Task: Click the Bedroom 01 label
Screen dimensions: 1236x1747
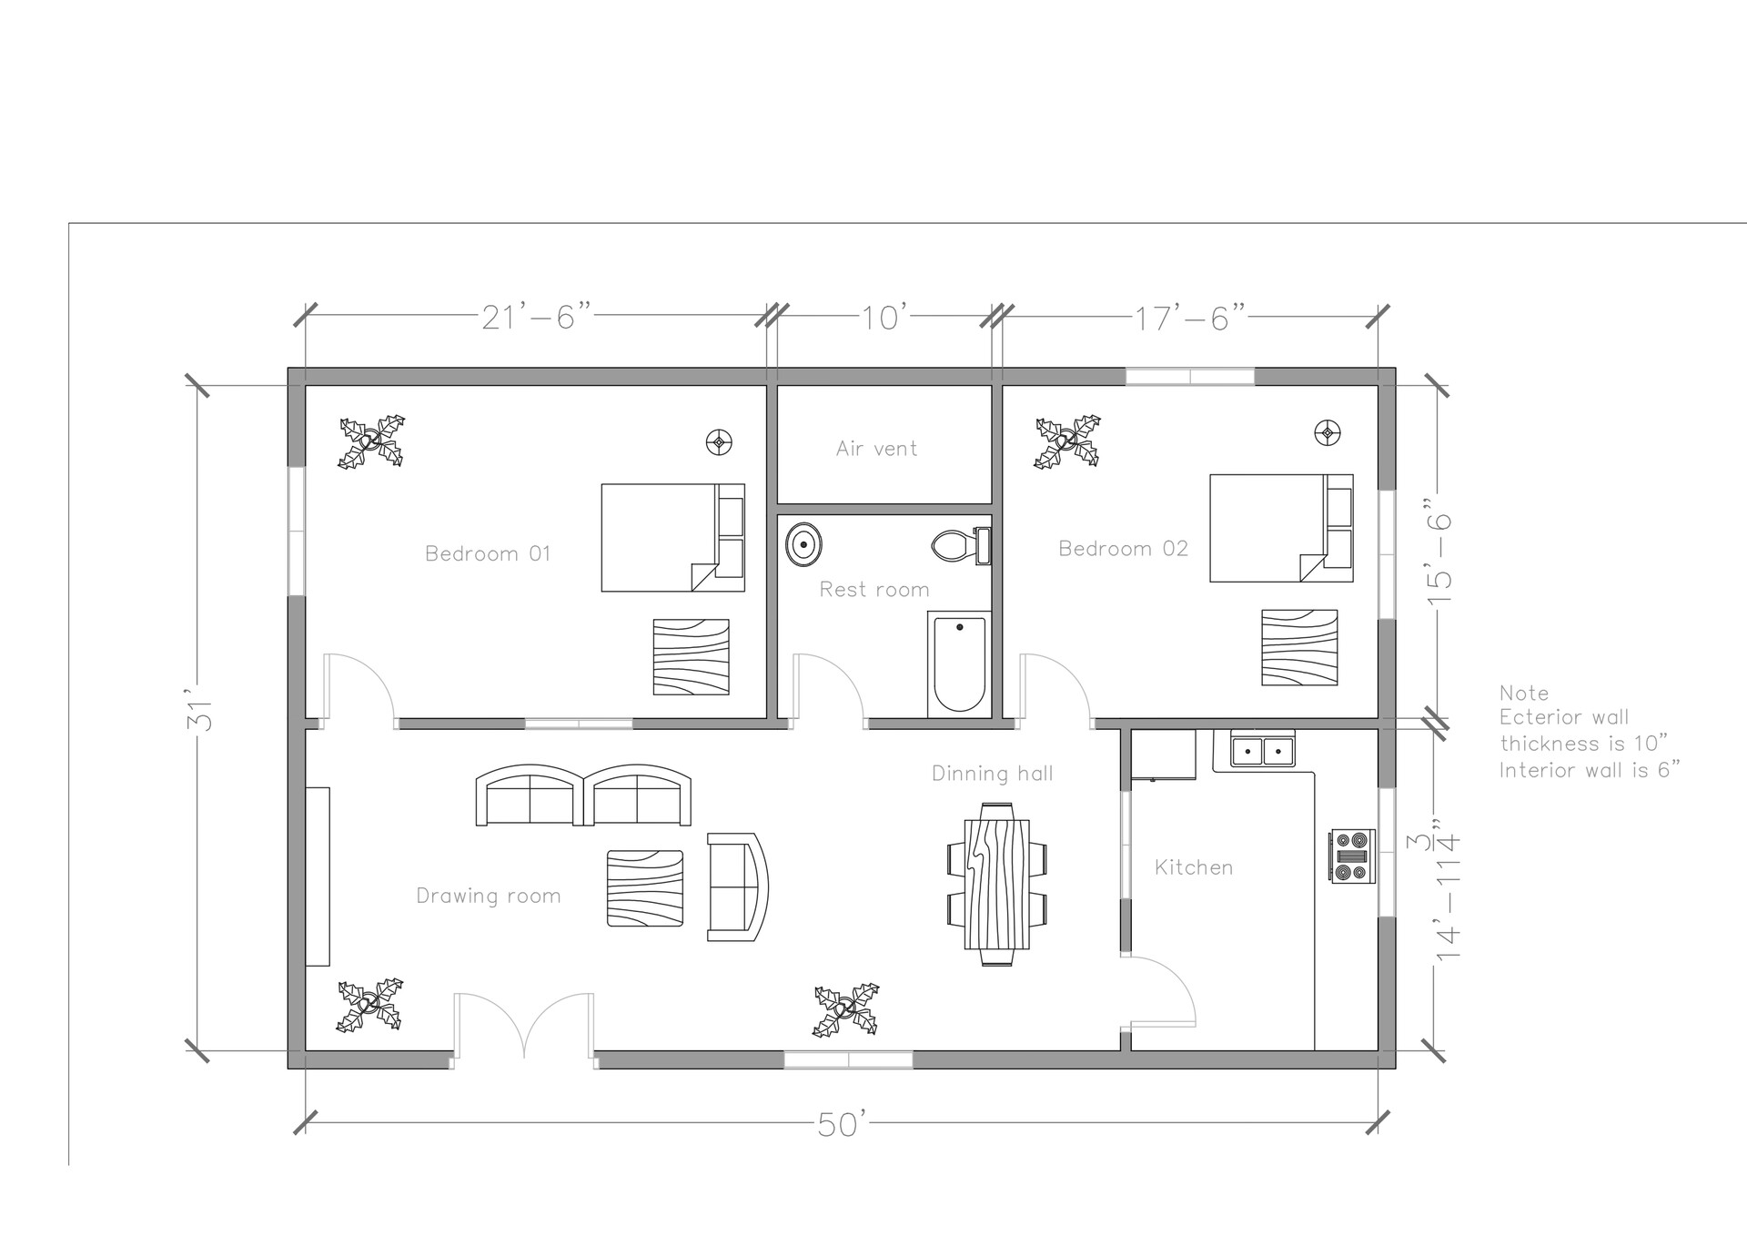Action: pyautogui.click(x=488, y=553)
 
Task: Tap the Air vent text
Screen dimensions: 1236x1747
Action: pyautogui.click(x=876, y=448)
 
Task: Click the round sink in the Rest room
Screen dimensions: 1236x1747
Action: pyautogui.click(x=804, y=544)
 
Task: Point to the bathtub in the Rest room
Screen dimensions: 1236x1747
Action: pyautogui.click(x=959, y=664)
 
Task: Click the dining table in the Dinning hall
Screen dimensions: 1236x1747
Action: pyautogui.click(x=996, y=883)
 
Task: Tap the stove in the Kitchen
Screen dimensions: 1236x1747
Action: pyautogui.click(x=1351, y=856)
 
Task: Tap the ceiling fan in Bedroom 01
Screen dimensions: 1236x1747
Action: pyautogui.click(x=371, y=442)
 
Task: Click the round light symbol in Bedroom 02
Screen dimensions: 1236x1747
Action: pyautogui.click(x=1328, y=432)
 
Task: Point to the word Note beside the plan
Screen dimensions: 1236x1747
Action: pyautogui.click(x=1523, y=693)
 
